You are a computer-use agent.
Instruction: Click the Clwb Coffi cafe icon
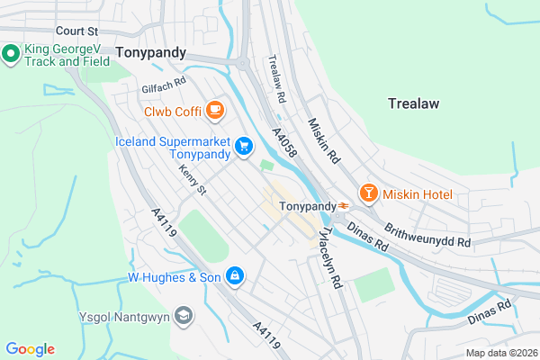[214, 111]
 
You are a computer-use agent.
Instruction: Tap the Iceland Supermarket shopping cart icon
[243, 146]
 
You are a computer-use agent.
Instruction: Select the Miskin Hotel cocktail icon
[367, 193]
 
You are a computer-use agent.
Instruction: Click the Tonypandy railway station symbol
[343, 206]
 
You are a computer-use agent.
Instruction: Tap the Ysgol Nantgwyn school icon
[184, 315]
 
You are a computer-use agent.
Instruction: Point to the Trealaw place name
[414, 103]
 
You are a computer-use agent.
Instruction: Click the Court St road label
[76, 30]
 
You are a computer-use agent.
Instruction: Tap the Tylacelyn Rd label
[329, 256]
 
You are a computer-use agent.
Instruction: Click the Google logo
[30, 349]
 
